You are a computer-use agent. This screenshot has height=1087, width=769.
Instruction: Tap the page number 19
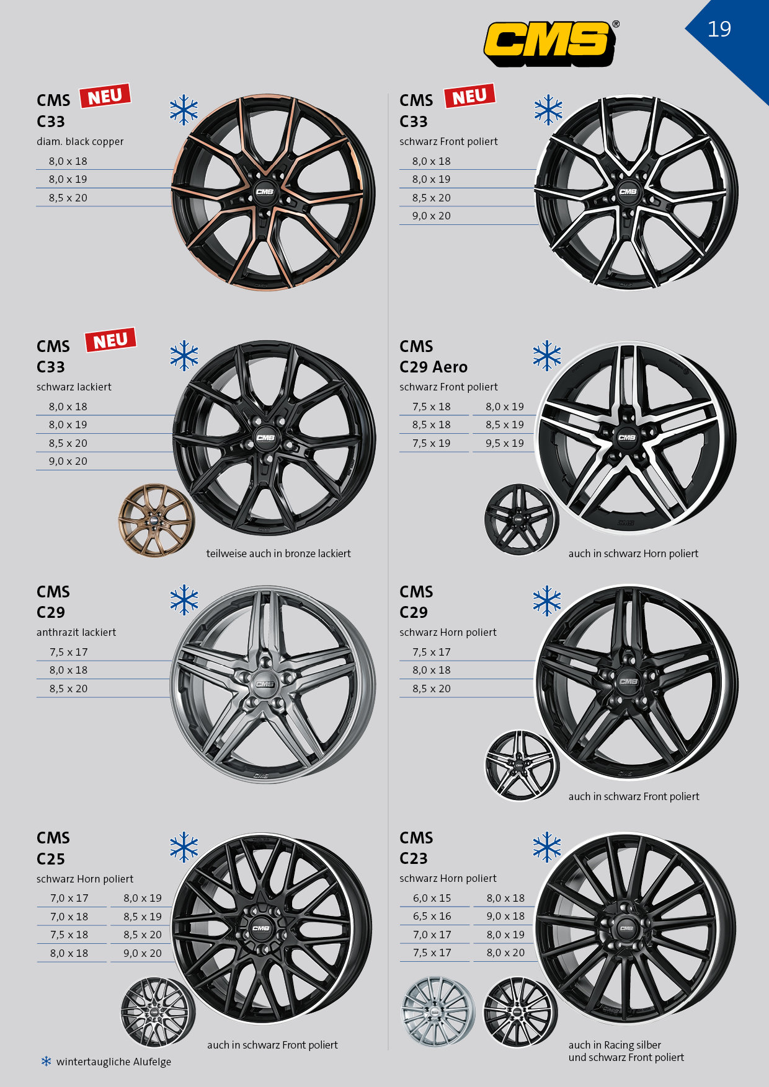pos(719,29)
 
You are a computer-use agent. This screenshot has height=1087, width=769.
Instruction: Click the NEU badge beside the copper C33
pos(105,96)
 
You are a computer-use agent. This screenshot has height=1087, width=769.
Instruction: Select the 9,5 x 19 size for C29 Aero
pos(505,443)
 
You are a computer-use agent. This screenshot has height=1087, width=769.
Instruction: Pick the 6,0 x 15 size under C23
pos(432,898)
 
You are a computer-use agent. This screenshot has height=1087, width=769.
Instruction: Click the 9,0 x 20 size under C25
pos(143,953)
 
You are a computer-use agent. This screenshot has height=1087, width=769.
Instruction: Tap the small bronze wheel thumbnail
pos(156,521)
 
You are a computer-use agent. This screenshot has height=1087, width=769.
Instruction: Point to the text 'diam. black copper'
pos(80,141)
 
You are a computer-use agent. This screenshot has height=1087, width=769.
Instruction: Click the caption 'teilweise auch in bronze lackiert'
pos(278,553)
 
